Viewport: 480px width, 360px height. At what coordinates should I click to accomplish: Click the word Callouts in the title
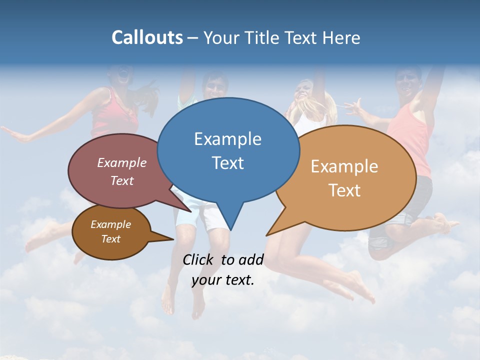147,37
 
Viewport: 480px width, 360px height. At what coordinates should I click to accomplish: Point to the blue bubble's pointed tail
230,220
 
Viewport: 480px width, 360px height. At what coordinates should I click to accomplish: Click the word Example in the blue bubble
227,138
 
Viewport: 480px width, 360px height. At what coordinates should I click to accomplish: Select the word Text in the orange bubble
345,190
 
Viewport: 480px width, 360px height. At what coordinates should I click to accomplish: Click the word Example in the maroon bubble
122,162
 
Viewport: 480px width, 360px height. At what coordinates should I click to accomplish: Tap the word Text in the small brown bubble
111,239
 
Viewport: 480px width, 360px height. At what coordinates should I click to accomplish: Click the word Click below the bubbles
199,259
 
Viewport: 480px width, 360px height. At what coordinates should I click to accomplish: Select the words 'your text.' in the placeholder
223,280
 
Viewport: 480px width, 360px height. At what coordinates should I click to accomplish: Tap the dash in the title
193,38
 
